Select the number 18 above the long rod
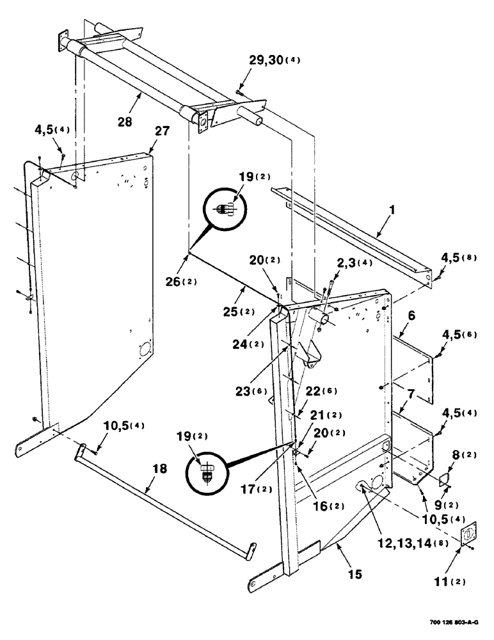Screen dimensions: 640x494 [159, 468]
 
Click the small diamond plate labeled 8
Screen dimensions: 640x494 [442, 477]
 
